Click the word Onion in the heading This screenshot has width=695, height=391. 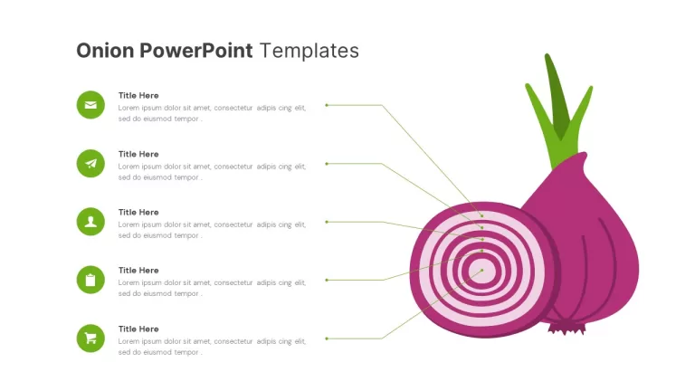click(105, 51)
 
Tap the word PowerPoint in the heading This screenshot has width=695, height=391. click(196, 51)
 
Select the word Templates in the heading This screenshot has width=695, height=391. click(309, 51)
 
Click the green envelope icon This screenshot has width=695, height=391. click(90, 105)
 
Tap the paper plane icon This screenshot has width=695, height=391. click(90, 164)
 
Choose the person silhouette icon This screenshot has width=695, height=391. click(90, 222)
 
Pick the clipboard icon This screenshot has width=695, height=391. click(90, 280)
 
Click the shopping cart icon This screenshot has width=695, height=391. click(90, 339)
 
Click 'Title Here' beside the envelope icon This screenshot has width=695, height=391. click(138, 95)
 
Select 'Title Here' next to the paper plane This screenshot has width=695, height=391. click(138, 154)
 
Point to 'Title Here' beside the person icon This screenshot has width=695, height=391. click(138, 213)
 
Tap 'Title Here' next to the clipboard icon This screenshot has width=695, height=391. click(138, 271)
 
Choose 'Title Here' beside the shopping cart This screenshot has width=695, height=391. click(138, 329)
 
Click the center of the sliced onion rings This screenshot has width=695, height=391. click(481, 270)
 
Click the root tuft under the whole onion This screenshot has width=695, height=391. click(566, 329)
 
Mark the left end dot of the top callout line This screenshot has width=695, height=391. click(327, 105)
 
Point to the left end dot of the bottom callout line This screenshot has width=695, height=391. click(327, 339)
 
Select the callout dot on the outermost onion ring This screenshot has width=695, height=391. click(481, 216)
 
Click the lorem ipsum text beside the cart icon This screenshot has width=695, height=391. click(212, 347)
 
